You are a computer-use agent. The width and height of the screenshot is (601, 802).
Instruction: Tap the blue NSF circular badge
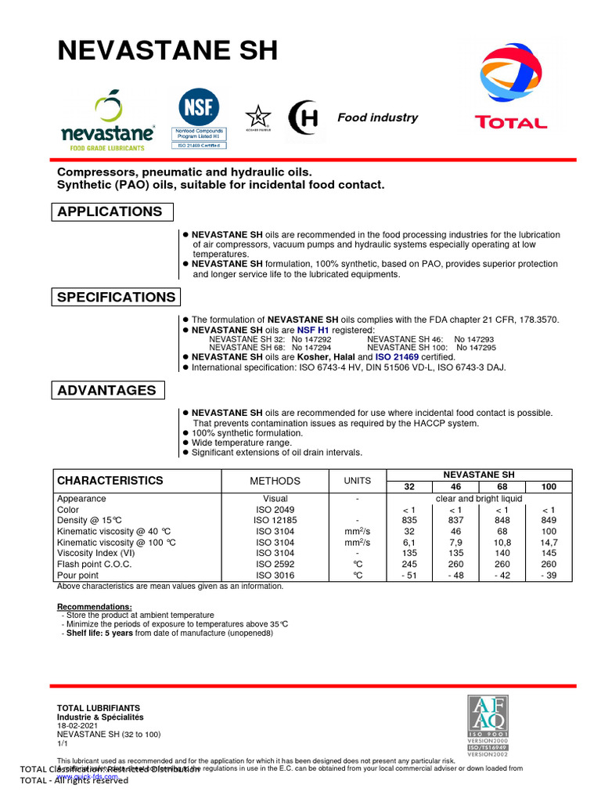[200, 107]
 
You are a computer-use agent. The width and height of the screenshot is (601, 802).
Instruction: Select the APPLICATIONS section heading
[110, 211]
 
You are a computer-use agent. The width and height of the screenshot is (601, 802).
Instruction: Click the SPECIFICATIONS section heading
[117, 297]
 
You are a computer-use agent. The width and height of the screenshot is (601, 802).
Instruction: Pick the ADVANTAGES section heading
[107, 390]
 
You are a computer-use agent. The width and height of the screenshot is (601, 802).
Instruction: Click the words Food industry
[377, 117]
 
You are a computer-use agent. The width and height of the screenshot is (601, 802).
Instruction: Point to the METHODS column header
[275, 481]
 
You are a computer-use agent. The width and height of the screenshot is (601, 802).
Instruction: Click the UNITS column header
[356, 481]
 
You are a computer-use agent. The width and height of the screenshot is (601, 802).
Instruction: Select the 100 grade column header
[549, 486]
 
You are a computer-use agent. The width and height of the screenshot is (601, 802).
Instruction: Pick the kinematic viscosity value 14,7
[549, 542]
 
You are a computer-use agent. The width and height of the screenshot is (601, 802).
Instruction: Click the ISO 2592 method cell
[274, 565]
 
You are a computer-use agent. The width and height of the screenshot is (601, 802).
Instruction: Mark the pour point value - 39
[549, 576]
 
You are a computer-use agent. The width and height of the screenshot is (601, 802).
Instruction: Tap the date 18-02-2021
[77, 726]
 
